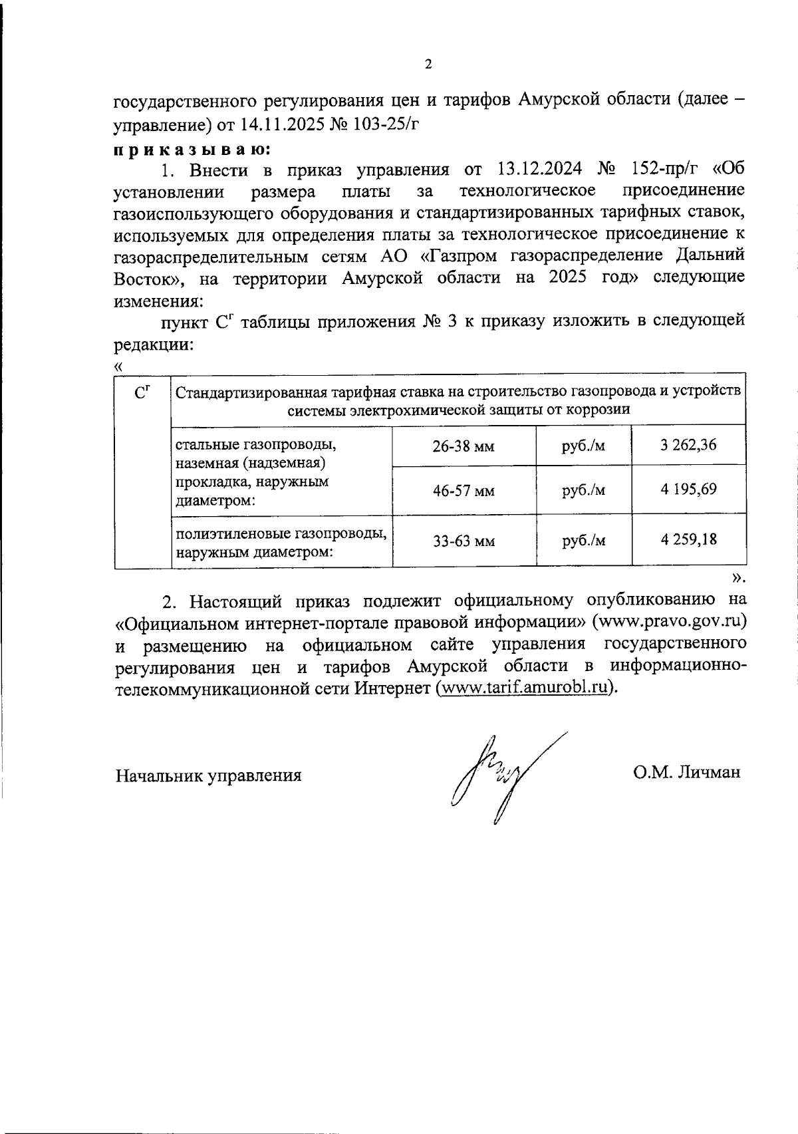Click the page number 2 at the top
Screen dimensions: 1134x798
click(x=428, y=65)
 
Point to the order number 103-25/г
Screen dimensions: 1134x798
click(x=390, y=124)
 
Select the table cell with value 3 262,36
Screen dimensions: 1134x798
click(x=688, y=445)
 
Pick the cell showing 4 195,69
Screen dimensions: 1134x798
click(x=688, y=490)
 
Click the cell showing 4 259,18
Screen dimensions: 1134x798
click(x=688, y=540)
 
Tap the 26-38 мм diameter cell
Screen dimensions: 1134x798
click(x=464, y=446)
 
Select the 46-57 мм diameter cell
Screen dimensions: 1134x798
click(x=464, y=492)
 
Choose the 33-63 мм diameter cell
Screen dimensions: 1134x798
click(x=464, y=541)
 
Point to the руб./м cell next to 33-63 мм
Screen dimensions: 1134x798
click(x=583, y=541)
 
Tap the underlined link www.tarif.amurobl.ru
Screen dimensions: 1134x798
click(x=525, y=688)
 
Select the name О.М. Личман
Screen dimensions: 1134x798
click(x=686, y=774)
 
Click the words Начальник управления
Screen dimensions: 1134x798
click(x=209, y=776)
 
